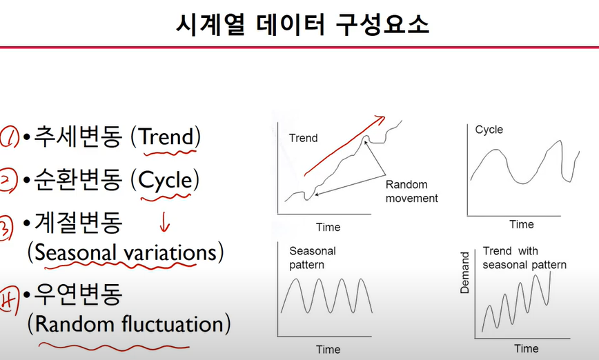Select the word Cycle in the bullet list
click(165, 180)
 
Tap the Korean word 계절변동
click(78, 223)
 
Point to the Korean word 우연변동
click(78, 294)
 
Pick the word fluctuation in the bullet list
click(173, 323)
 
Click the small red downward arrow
click(164, 222)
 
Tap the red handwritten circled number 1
click(10, 137)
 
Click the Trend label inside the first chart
click(304, 138)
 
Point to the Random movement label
click(411, 191)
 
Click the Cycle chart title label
click(489, 130)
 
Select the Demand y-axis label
click(464, 272)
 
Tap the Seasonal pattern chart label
click(313, 258)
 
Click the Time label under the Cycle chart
click(522, 224)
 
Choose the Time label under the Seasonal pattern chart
click(328, 350)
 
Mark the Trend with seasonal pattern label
click(524, 258)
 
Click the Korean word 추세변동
click(78, 137)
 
